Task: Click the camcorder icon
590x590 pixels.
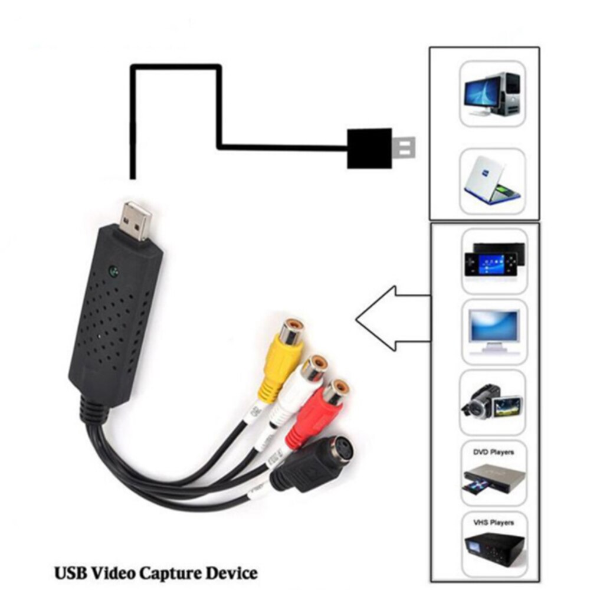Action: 492,401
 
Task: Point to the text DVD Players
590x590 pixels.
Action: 493,453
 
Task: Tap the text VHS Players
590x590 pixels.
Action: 493,523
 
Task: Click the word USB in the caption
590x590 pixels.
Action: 68,572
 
